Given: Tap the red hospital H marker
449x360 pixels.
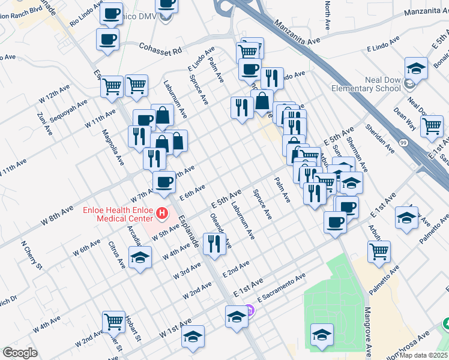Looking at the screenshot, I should (161, 213).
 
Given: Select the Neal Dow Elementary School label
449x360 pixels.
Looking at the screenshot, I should (366, 85).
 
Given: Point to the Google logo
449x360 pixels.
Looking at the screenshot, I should (20, 353).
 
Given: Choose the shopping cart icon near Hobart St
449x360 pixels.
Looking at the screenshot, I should (113, 321).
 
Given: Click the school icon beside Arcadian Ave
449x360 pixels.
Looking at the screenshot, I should (140, 257).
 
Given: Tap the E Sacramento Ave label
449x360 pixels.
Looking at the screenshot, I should (281, 286).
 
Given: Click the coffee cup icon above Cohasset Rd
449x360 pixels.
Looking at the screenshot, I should (108, 40).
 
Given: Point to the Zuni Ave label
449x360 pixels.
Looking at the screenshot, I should (41, 124).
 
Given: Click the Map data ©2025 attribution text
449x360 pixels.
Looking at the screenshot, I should (424, 355).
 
